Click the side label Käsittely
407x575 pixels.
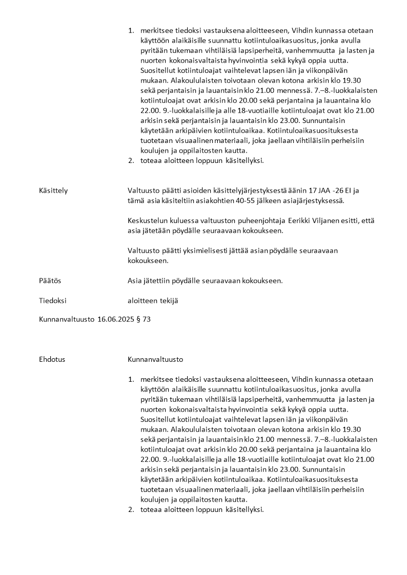tap(53, 191)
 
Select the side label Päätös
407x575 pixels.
tap(50, 281)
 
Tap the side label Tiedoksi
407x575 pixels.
tap(53, 300)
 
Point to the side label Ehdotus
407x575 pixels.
tap(52, 359)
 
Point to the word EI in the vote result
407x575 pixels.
tap(340, 191)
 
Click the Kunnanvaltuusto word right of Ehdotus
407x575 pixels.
tap(155, 359)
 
